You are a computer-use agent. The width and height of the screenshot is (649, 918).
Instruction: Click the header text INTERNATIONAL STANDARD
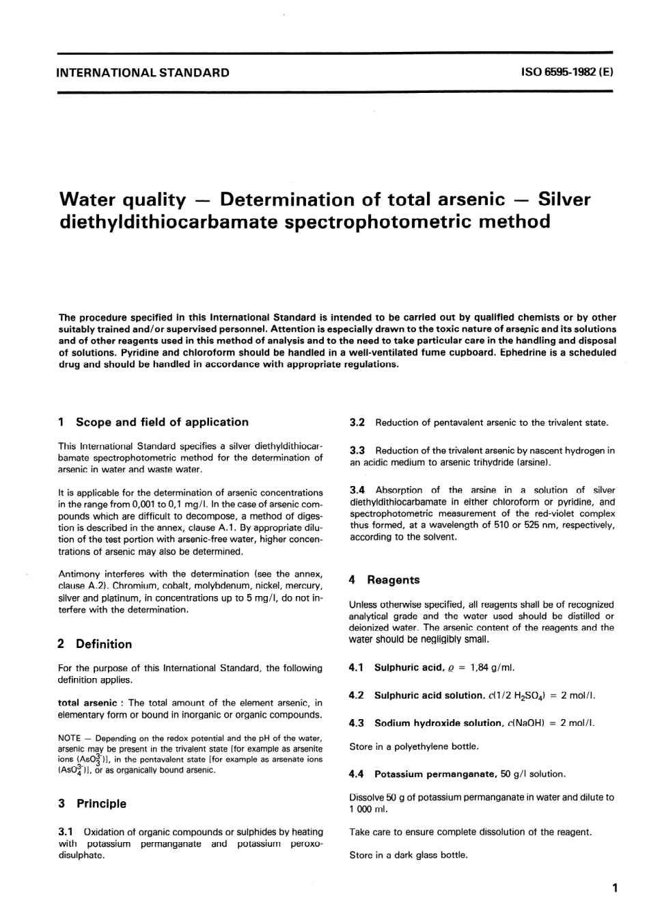pos(143,72)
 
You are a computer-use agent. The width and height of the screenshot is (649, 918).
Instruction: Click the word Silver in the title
pos(564,200)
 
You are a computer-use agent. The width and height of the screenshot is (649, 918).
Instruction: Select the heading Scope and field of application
pos(162,422)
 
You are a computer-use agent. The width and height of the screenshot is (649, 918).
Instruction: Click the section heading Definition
pos(104,644)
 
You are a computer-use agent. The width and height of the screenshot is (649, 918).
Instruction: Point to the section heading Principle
pos(101,804)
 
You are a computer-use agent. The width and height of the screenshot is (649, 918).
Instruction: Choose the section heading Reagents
pos(393,580)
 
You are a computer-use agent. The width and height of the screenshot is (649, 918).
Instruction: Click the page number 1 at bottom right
pos(614,889)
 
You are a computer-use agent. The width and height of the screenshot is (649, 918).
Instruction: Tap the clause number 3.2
pos(357,423)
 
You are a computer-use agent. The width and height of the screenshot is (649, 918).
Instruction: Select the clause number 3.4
pos(357,490)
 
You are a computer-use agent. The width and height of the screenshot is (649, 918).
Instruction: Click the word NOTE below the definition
pos(70,739)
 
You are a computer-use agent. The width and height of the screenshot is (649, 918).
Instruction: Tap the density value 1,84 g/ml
pos(487,668)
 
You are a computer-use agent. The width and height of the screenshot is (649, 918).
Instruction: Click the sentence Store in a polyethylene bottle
pos(414,746)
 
